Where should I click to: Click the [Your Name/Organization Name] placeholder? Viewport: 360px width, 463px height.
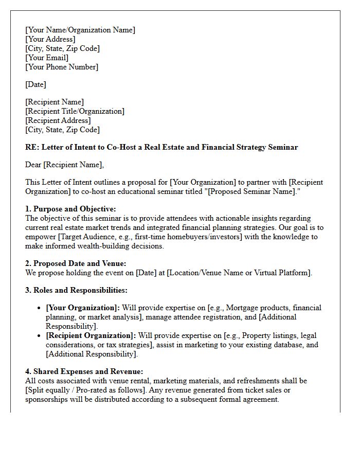pyautogui.click(x=80, y=30)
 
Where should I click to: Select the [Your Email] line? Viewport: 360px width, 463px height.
pyautogui.click(x=47, y=58)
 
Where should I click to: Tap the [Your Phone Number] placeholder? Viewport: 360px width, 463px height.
pyautogui.click(x=62, y=67)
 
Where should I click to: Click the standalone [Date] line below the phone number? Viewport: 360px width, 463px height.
pyautogui.click(x=35, y=84)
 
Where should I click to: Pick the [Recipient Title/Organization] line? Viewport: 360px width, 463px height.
pyautogui.click(x=75, y=111)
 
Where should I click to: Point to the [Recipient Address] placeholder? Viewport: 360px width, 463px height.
pyautogui.click(x=58, y=120)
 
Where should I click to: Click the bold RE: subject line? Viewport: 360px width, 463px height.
pyautogui.click(x=161, y=147)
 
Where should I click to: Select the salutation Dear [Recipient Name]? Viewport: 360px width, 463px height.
pyautogui.click(x=64, y=165)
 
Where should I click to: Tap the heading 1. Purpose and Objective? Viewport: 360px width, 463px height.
pyautogui.click(x=70, y=209)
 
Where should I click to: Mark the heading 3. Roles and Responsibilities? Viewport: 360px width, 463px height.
pyautogui.click(x=76, y=290)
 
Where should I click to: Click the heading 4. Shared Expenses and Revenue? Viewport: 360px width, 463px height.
pyautogui.click(x=84, y=371)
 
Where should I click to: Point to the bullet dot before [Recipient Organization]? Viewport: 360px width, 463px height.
pyautogui.click(x=40, y=335)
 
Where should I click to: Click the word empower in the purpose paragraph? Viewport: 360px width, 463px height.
pyautogui.click(x=41, y=237)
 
